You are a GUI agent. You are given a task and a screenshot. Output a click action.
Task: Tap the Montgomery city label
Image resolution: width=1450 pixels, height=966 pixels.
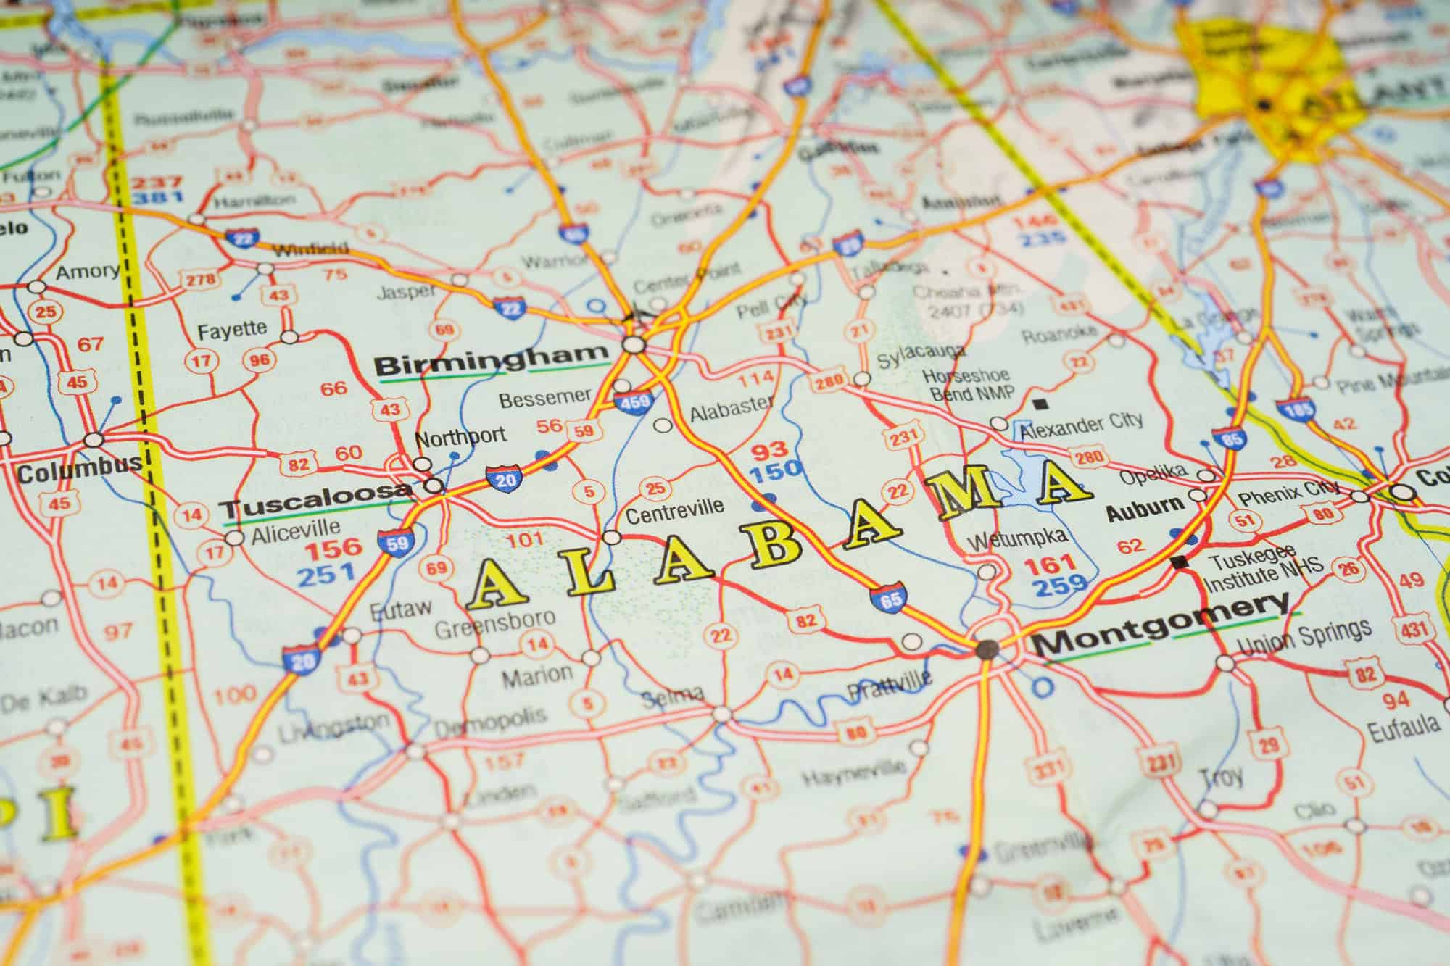point(1159,628)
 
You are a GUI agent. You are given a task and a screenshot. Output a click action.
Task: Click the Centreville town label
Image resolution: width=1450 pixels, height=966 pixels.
point(674,509)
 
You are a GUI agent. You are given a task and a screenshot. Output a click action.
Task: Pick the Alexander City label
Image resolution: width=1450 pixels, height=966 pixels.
point(1081,426)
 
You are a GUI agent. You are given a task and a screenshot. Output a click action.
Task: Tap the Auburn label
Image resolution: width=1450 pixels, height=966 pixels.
point(1145,506)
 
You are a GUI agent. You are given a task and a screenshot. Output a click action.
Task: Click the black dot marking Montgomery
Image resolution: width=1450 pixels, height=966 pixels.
point(985,649)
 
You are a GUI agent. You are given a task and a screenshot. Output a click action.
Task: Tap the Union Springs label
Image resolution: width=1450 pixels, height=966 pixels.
point(1304,636)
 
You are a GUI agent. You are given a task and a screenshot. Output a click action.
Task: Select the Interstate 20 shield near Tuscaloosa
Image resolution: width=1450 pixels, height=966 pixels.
point(503,478)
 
